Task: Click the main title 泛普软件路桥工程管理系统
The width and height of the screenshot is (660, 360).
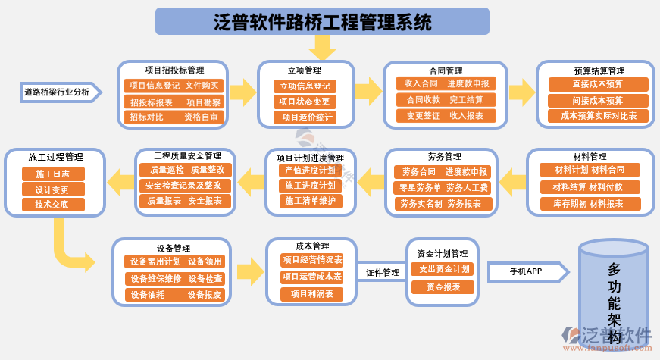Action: (322, 21)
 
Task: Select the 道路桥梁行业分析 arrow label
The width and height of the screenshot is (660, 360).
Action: (58, 92)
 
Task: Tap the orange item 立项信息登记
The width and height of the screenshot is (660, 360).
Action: (305, 86)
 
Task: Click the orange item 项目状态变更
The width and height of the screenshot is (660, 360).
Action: (305, 102)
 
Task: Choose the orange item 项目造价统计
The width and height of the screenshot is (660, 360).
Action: (305, 117)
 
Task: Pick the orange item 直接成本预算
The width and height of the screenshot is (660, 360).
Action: (598, 84)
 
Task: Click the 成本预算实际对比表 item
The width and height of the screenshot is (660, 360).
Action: (598, 116)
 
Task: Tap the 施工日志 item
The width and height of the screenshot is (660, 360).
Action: (53, 174)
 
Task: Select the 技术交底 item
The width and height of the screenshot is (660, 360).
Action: (53, 205)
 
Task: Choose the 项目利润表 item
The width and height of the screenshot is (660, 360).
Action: (311, 294)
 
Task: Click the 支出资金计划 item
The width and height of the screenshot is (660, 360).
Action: (443, 269)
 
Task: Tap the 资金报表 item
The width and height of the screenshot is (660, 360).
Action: (443, 288)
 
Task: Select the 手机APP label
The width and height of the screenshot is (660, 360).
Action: (525, 271)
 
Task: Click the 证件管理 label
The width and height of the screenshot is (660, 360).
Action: (383, 273)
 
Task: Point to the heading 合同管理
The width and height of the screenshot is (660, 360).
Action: (446, 70)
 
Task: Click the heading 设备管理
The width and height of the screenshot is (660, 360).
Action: (174, 248)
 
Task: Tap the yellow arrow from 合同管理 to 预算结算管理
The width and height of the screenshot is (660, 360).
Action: (521, 92)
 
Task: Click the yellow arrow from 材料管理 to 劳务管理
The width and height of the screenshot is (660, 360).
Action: (513, 182)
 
